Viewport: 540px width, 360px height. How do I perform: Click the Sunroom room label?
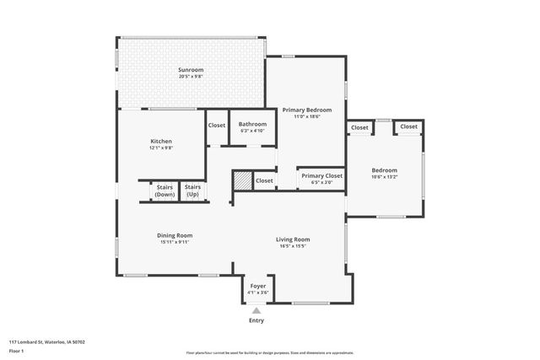191,70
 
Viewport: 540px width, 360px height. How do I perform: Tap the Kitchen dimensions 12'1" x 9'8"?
161,148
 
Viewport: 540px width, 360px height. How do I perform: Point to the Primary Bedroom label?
306,110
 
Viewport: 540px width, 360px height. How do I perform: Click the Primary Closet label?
321,176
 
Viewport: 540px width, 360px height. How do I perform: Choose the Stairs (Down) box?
165,191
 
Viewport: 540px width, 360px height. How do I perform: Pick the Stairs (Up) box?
192,191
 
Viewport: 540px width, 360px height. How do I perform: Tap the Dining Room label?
175,235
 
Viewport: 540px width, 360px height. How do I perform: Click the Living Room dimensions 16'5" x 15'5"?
293,246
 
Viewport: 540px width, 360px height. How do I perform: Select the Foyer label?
258,287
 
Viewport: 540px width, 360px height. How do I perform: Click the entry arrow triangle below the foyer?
256,310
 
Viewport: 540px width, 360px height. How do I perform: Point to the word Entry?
256,320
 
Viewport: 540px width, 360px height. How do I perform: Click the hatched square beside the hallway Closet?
243,180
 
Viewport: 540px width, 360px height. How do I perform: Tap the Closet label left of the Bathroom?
217,126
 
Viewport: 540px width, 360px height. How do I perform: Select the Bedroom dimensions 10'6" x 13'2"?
384,177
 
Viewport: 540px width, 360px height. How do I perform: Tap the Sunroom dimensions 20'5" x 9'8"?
191,77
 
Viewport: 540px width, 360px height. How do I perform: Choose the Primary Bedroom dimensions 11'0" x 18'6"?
306,117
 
